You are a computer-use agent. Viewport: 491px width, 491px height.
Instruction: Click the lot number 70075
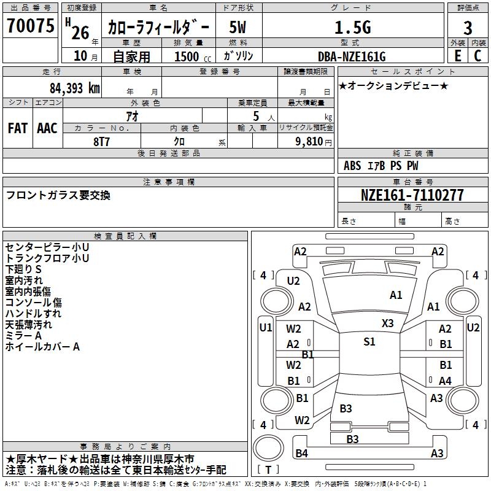point(31,26)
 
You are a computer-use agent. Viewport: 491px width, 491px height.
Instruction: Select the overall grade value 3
point(468,28)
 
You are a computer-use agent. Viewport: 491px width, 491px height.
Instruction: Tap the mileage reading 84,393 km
point(75,88)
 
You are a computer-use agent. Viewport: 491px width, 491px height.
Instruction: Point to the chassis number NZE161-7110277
point(412,195)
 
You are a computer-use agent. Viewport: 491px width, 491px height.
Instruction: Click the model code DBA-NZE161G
point(352,56)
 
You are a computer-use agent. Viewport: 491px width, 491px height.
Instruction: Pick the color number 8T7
point(101,142)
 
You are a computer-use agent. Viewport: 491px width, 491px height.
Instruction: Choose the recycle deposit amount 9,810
point(309,141)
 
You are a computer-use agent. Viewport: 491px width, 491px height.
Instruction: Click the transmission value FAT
point(18,128)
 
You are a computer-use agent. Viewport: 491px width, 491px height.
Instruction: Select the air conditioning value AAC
point(47,128)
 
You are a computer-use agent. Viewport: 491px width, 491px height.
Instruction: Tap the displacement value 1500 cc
point(193,56)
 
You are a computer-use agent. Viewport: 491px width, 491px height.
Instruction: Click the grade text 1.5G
point(353,27)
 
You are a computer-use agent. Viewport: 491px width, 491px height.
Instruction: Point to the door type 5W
point(238,27)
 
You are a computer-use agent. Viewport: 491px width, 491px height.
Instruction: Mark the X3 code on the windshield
point(388,323)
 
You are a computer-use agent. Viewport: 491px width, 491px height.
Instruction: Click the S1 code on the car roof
point(369,341)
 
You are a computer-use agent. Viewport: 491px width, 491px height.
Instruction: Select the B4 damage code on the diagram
point(301,453)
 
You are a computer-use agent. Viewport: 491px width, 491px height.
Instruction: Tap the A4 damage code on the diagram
point(445,381)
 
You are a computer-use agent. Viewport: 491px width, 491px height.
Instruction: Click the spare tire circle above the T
point(268,448)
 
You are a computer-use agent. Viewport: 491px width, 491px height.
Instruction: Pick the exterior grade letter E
point(458,56)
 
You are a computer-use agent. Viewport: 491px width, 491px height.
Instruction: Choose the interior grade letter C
point(477,56)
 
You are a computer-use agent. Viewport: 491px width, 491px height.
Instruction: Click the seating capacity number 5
point(256,116)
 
